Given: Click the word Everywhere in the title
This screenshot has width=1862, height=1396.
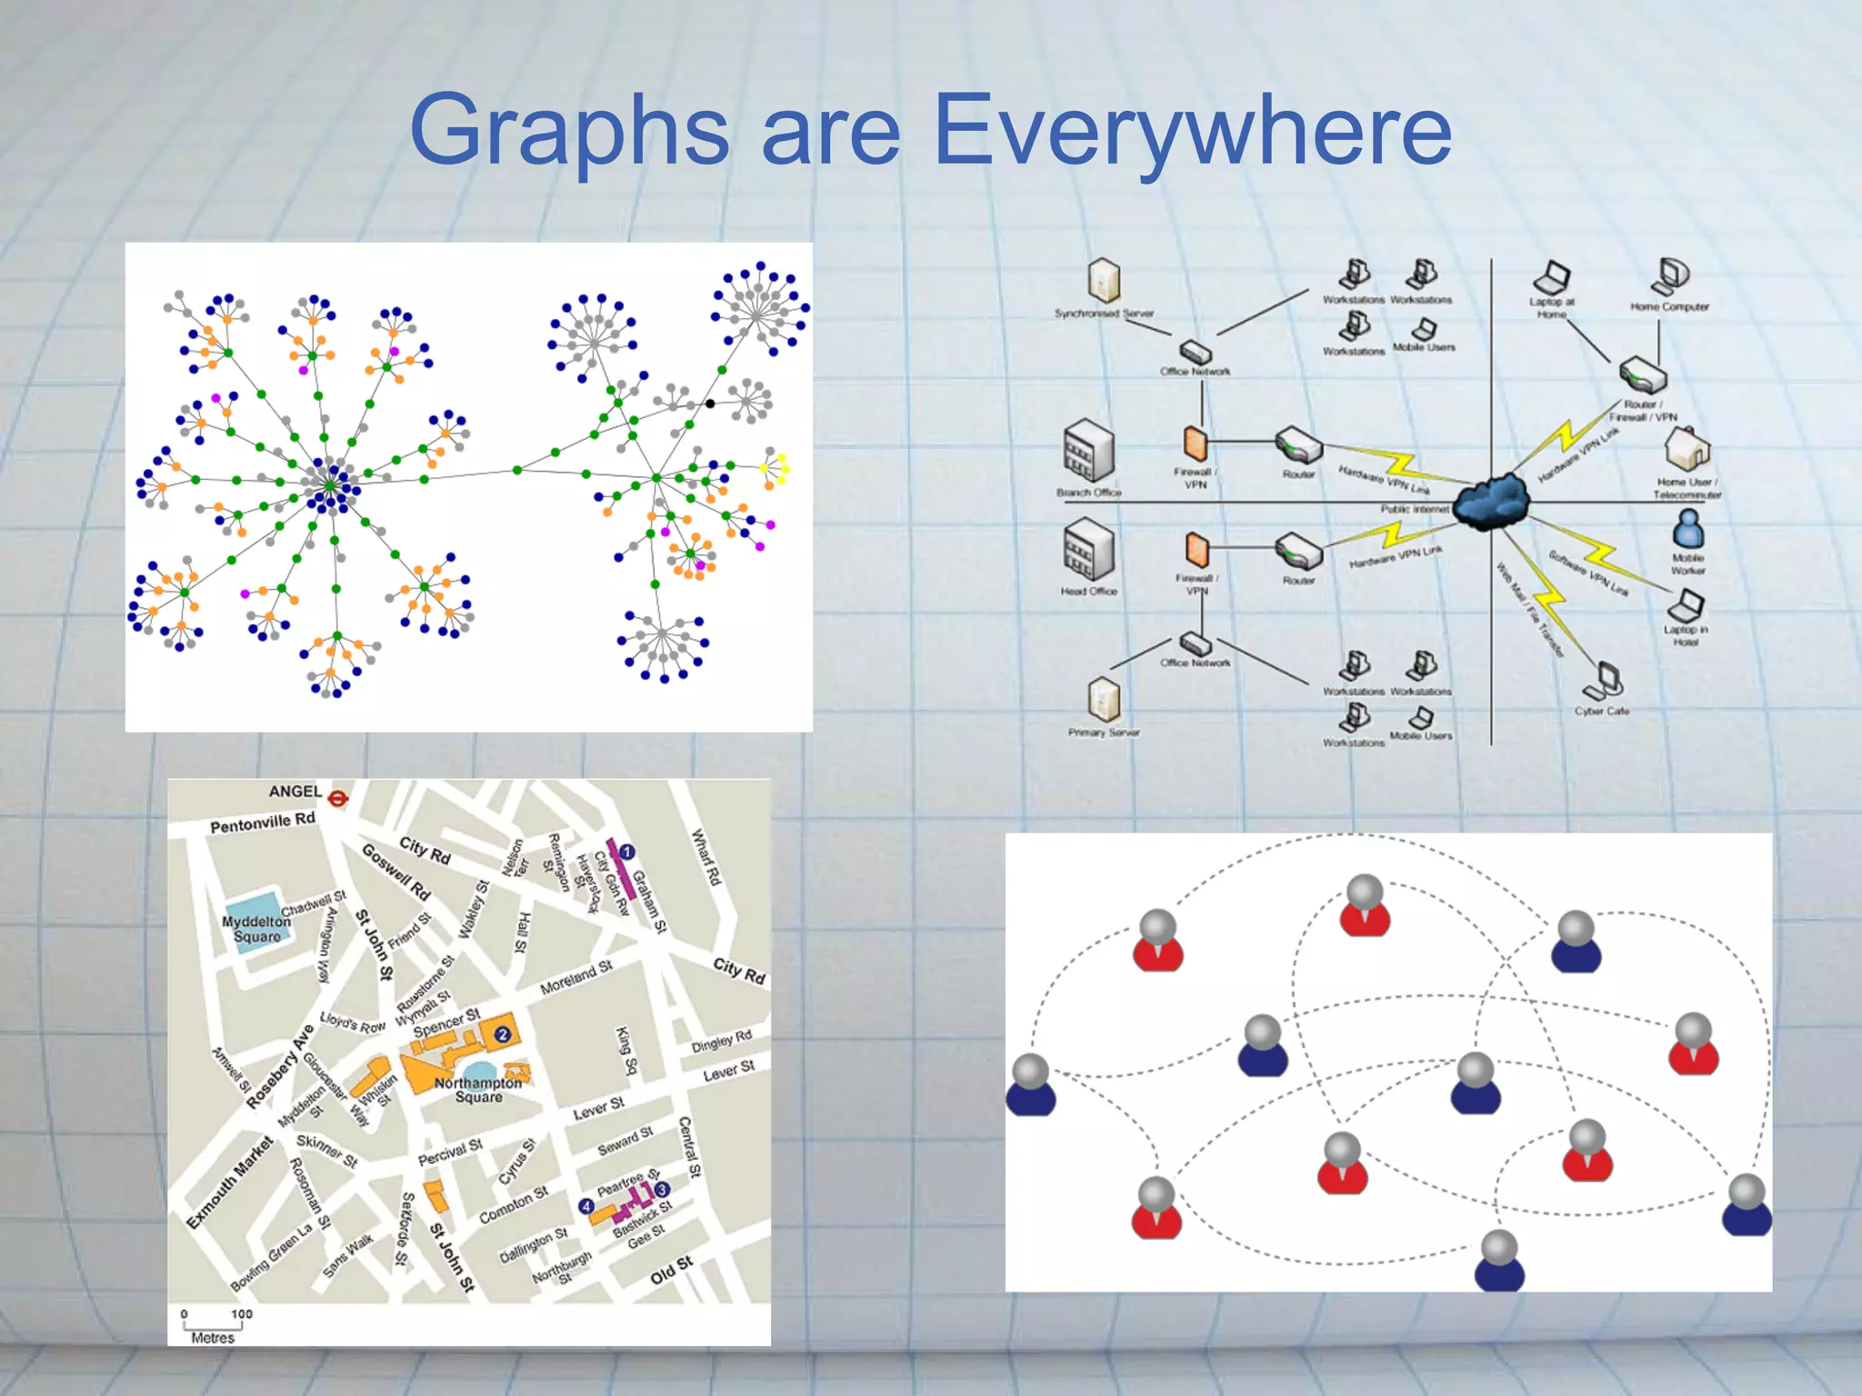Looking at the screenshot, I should (x=1192, y=132).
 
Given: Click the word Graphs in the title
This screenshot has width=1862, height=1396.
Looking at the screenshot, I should (x=569, y=132).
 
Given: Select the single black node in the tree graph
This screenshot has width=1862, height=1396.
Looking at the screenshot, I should (x=710, y=404).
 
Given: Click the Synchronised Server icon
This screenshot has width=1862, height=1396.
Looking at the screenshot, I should (x=1104, y=280).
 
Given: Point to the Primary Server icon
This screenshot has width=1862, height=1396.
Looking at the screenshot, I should (x=1104, y=699).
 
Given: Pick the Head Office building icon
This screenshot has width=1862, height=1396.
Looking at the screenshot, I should (x=1088, y=550).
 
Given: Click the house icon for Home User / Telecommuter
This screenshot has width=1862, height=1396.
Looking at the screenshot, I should (x=1687, y=448).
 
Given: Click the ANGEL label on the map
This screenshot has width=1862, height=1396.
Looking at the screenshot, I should (x=295, y=792).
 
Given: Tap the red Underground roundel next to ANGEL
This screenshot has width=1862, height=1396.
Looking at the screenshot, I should (x=338, y=800).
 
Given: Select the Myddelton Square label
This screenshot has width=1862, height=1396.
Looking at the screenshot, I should (x=257, y=929).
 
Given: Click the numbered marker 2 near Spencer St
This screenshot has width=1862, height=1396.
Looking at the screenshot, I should (x=502, y=1034).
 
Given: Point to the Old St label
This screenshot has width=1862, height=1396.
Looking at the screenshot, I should (x=672, y=1269).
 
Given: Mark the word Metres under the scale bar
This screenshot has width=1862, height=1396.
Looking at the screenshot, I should (x=213, y=1338).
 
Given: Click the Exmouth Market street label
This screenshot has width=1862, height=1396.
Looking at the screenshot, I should (x=229, y=1182).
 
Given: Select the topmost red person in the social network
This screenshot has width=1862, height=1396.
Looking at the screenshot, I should (x=1365, y=905).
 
